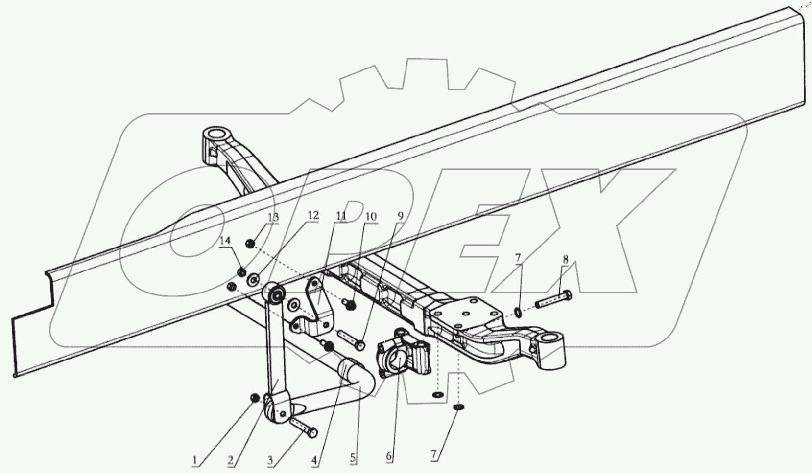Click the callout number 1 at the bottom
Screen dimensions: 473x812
pos(194,460)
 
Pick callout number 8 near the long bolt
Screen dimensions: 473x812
pos(565,260)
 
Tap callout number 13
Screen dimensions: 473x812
pos(273,217)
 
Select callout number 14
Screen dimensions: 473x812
pos(225,241)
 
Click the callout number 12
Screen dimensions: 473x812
pos(313,216)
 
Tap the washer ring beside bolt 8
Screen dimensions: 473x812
pos(518,311)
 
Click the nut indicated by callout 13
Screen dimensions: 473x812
pos(250,243)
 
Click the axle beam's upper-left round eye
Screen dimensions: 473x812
pos(215,134)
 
